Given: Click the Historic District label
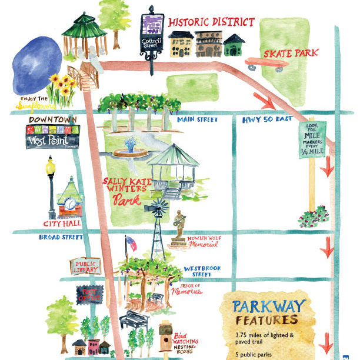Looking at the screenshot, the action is tap(211, 22).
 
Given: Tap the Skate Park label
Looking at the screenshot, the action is tap(290, 54).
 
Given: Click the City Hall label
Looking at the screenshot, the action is tap(62, 224).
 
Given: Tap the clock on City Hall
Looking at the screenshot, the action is tap(70, 204).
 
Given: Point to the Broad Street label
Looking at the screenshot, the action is tap(61, 238).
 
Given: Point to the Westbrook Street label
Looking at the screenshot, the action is tap(202, 271).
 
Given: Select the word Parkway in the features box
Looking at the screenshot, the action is tap(269, 306).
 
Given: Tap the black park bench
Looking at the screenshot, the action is tap(135, 321).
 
